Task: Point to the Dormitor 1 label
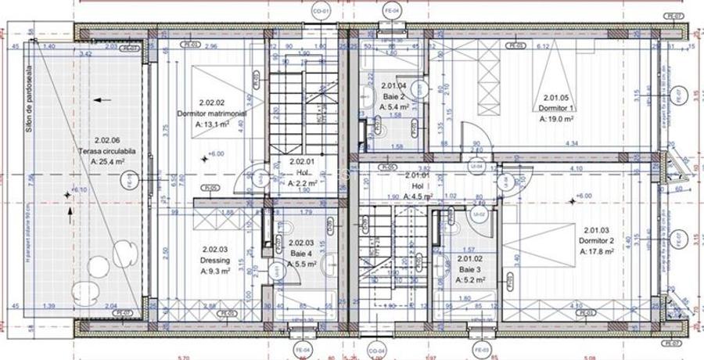559,109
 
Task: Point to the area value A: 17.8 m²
597,252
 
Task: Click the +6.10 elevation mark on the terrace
77,190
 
